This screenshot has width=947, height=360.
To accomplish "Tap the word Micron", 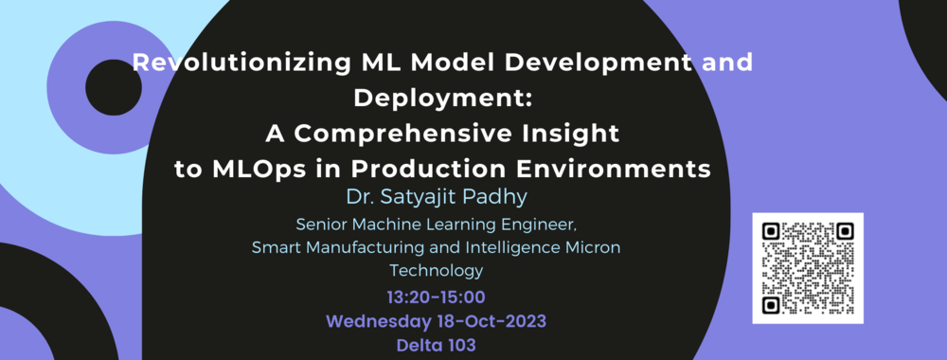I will [593, 248].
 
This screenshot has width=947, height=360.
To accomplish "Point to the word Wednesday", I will [375, 322].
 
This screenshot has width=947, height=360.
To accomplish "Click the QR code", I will [809, 268].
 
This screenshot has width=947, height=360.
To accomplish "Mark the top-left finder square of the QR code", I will [771, 230].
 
